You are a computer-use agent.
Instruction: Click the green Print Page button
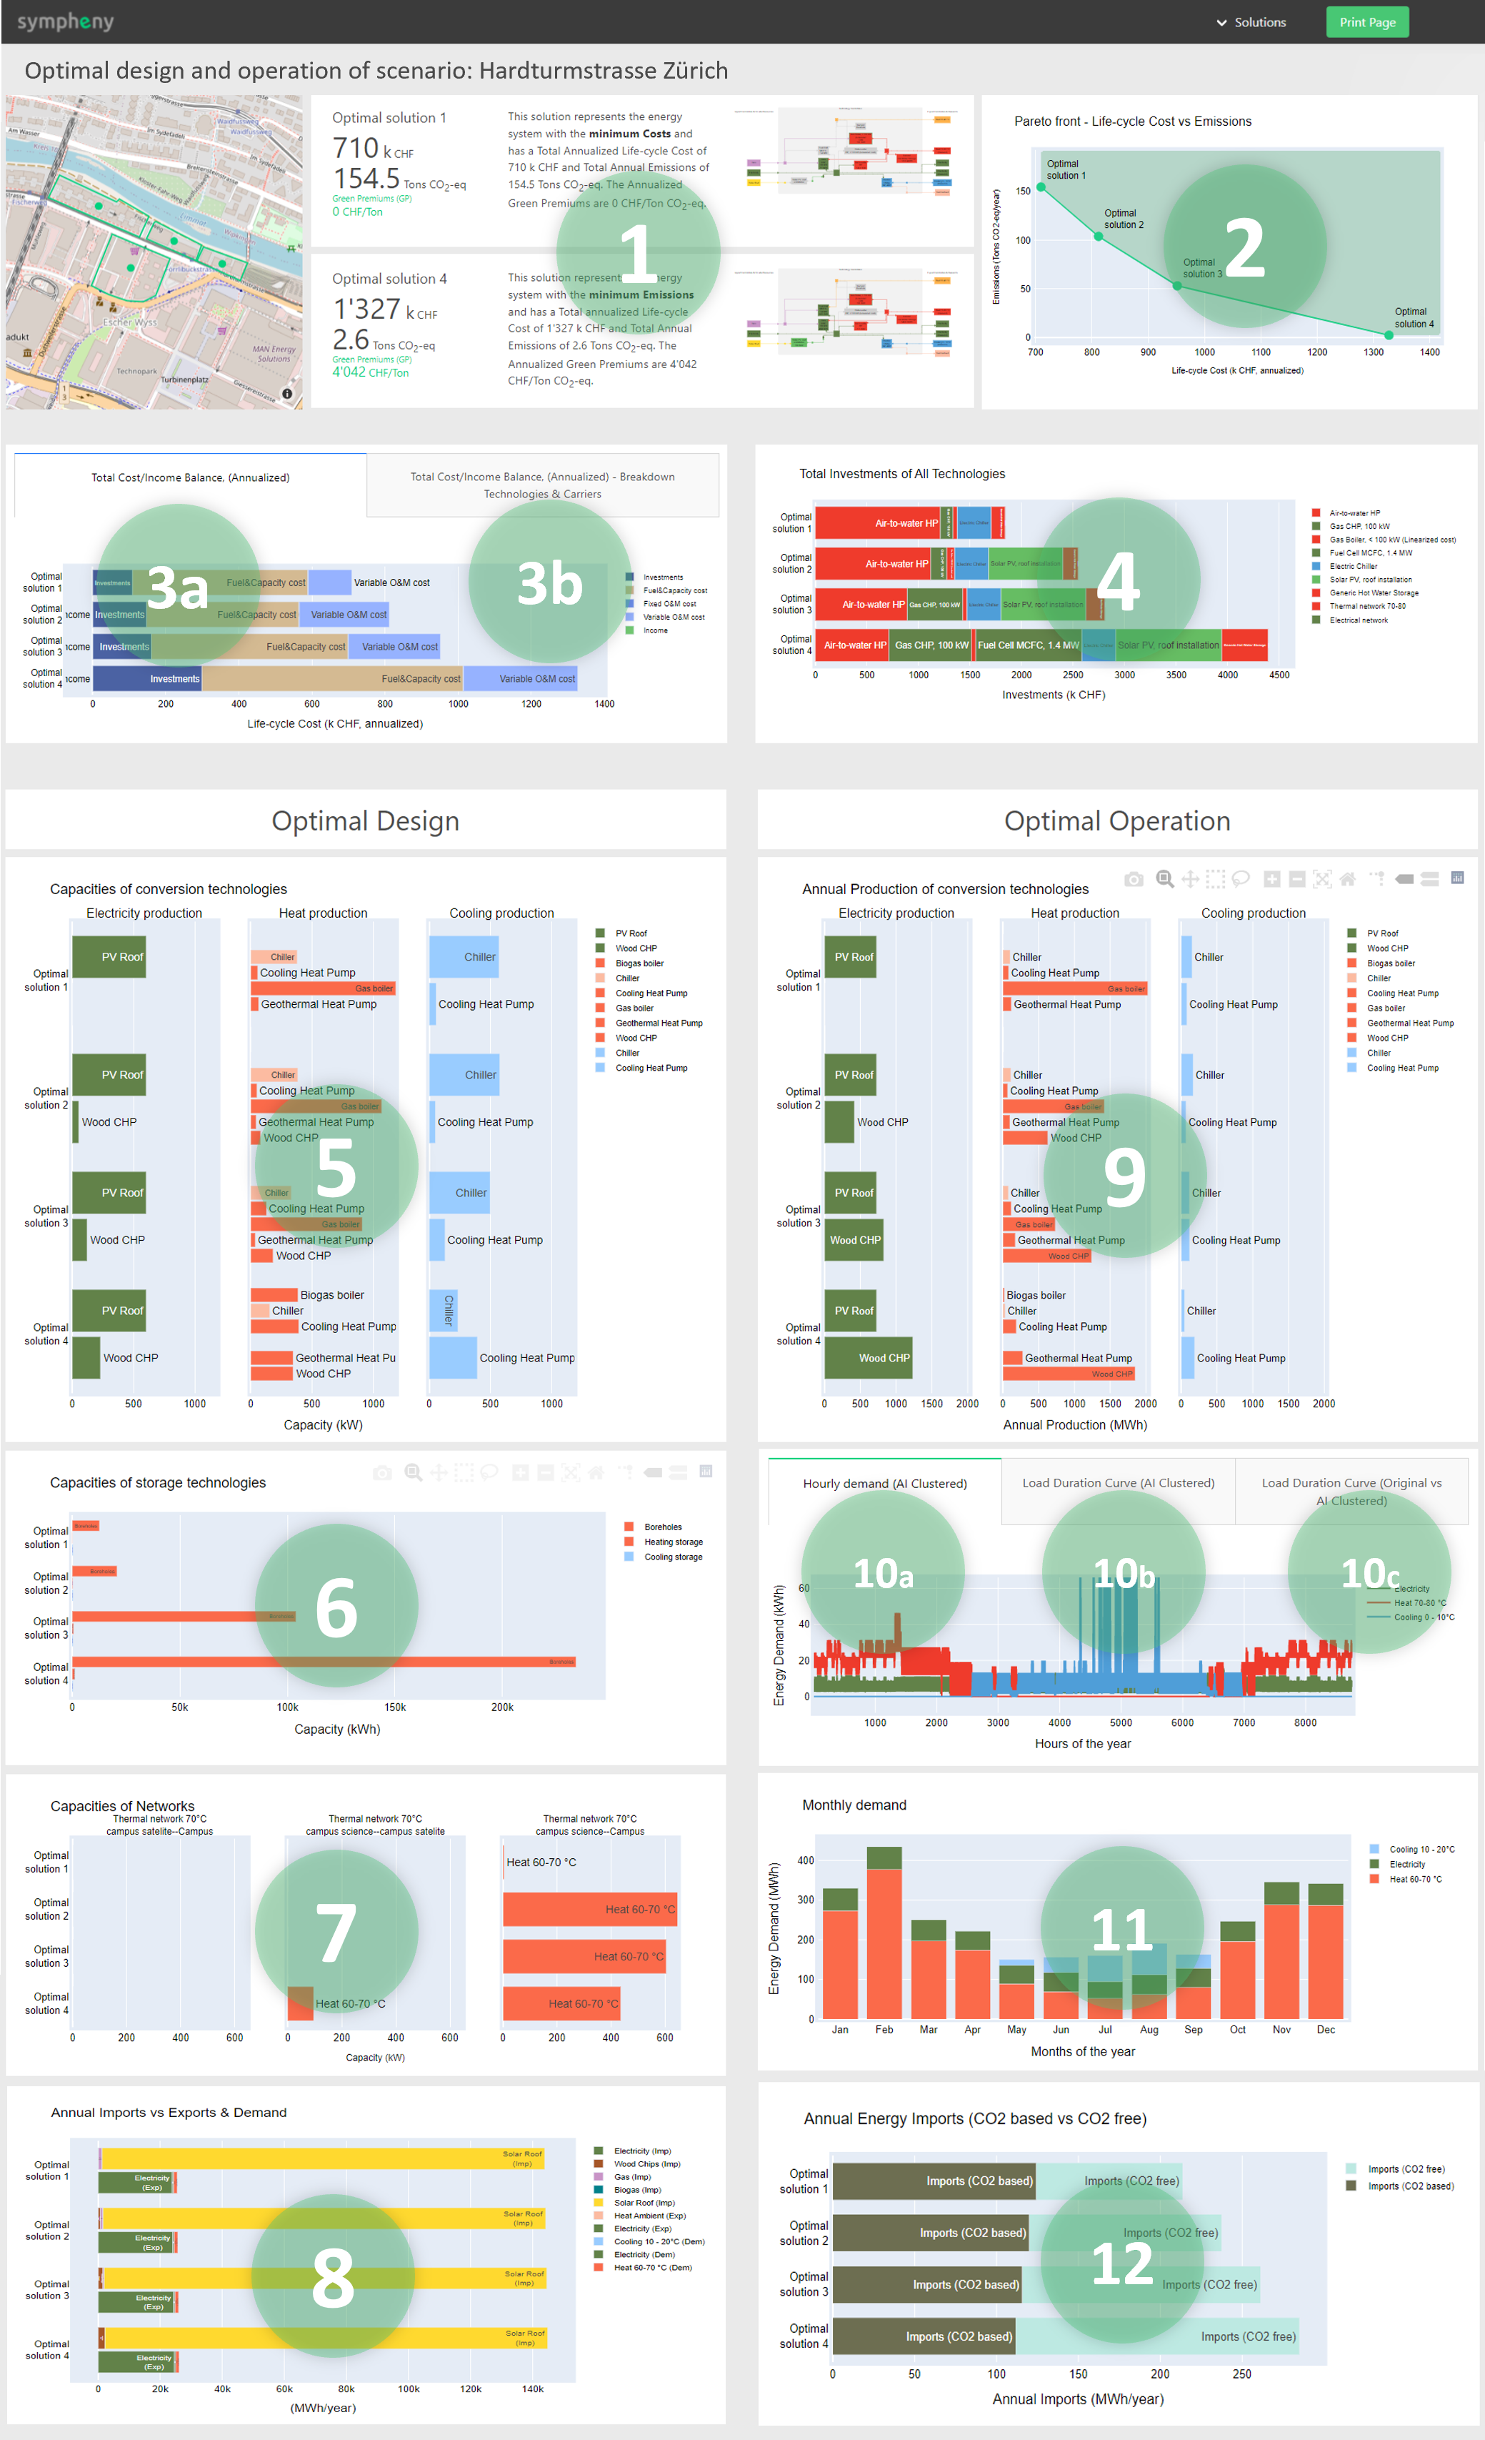tap(1366, 21)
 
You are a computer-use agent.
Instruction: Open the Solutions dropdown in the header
tap(1251, 21)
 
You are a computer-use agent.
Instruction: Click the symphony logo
tap(65, 21)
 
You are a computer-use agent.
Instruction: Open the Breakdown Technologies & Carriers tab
tap(543, 485)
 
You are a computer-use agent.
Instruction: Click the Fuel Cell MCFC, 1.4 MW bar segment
tap(1028, 645)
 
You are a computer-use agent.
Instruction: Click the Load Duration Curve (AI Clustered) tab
tap(1118, 1482)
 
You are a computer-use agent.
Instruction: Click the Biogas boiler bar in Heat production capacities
tap(274, 1294)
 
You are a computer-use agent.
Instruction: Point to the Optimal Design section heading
tap(365, 821)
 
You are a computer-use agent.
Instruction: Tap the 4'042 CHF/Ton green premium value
tap(370, 372)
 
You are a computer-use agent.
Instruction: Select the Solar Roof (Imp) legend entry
tap(644, 2202)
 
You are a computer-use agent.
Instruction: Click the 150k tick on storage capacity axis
tap(395, 1707)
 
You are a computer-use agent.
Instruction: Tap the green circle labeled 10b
tap(1124, 1572)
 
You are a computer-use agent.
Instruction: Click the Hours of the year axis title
tap(1082, 1744)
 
